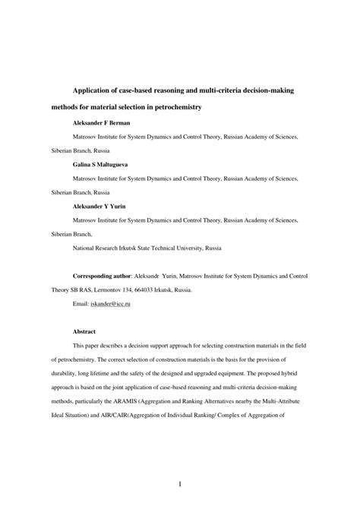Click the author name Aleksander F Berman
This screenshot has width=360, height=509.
[x=101, y=123]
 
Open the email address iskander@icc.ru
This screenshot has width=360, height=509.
[x=111, y=304]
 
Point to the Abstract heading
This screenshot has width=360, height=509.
[x=84, y=332]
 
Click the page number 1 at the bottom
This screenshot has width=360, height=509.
[x=179, y=483]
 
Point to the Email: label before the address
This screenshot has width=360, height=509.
[x=81, y=304]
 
